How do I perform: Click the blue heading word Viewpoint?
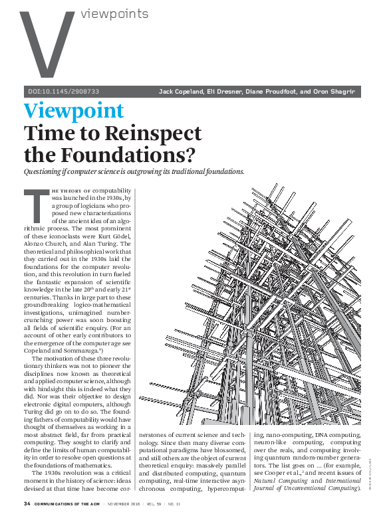[73, 112]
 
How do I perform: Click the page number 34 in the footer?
[27, 504]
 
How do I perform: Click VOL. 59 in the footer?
[174, 504]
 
